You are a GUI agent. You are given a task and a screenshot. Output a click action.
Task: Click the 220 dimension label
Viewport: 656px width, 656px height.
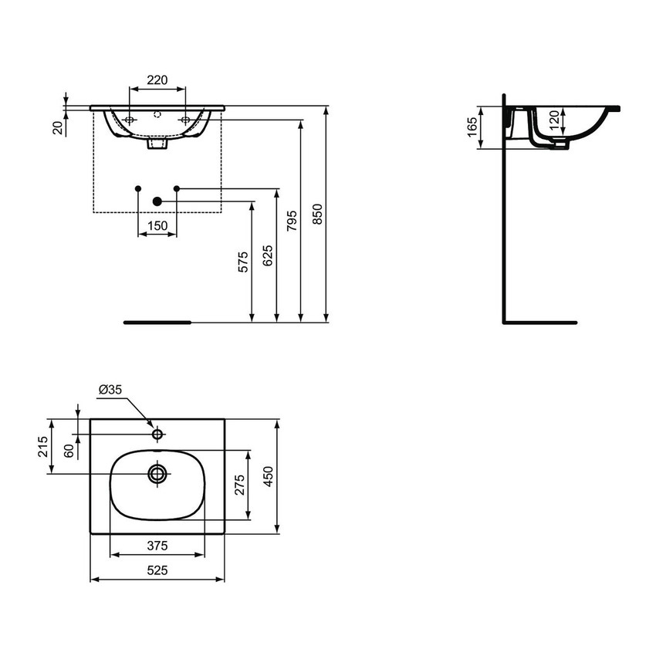[157, 79]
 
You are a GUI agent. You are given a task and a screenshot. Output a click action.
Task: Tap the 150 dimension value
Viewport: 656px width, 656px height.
[157, 225]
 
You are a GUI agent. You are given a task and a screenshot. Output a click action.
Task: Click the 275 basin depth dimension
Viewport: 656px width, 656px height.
[239, 485]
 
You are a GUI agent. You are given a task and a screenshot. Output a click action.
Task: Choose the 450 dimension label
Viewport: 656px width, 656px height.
[268, 476]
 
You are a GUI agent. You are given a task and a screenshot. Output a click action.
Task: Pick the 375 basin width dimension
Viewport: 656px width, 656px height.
[157, 546]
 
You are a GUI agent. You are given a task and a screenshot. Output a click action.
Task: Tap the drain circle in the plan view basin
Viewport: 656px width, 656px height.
[157, 473]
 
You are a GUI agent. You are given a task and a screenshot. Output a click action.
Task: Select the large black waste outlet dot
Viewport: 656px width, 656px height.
[157, 201]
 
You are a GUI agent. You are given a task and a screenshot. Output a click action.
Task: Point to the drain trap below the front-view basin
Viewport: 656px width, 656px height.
[157, 144]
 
